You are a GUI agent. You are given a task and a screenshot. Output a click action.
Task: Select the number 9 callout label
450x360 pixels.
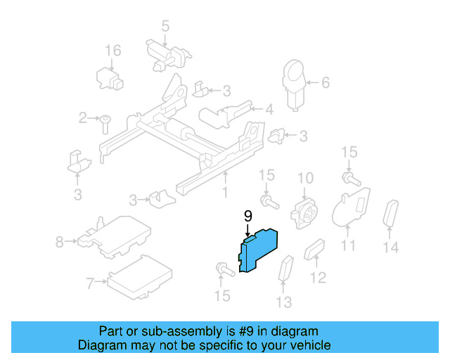point(247,217)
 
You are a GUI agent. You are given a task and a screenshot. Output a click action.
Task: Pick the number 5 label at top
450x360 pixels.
point(165,27)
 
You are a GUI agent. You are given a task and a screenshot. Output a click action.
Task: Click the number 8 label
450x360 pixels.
point(60,243)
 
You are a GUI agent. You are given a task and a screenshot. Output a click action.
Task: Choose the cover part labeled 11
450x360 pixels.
point(350,208)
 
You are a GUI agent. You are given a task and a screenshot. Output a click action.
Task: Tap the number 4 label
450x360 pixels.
point(269,109)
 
